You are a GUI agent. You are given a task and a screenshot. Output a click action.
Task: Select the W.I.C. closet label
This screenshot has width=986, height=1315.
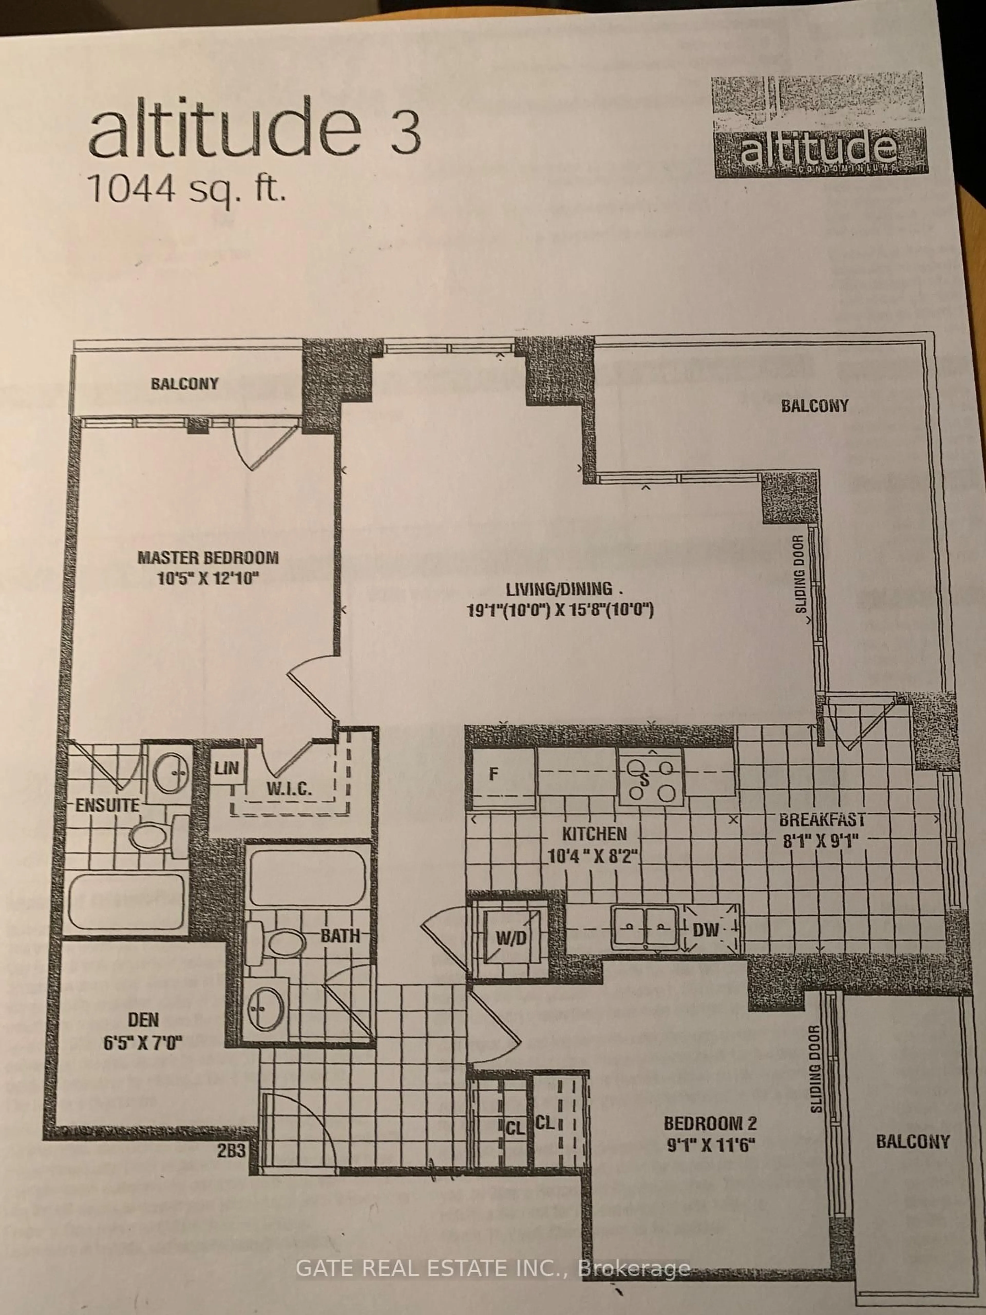[x=289, y=790]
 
